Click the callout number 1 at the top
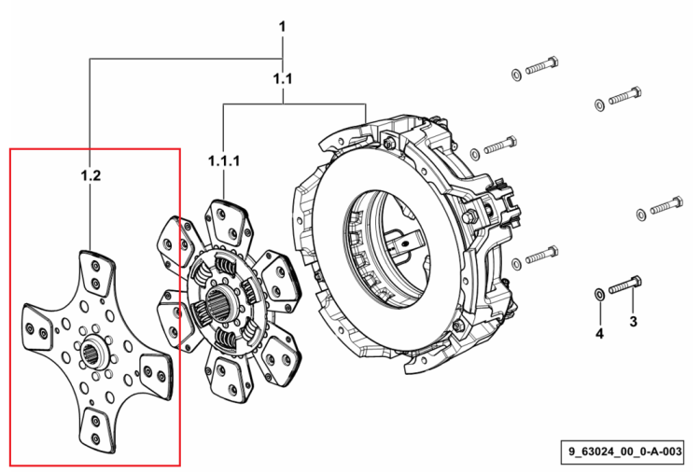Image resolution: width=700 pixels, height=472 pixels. pos(282,27)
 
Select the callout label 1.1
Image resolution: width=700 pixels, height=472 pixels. pos(283,79)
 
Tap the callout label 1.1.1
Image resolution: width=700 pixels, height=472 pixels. pos(224,161)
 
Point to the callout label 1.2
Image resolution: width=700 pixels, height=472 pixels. pos(91,175)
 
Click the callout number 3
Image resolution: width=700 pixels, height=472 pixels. pos(633,321)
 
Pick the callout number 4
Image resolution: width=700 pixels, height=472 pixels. pos(599,333)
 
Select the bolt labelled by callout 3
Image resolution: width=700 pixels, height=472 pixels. pos(625,285)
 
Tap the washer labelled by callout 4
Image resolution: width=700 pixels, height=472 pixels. pos(599,295)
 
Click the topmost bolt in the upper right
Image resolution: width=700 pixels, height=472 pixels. pos(542,65)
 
